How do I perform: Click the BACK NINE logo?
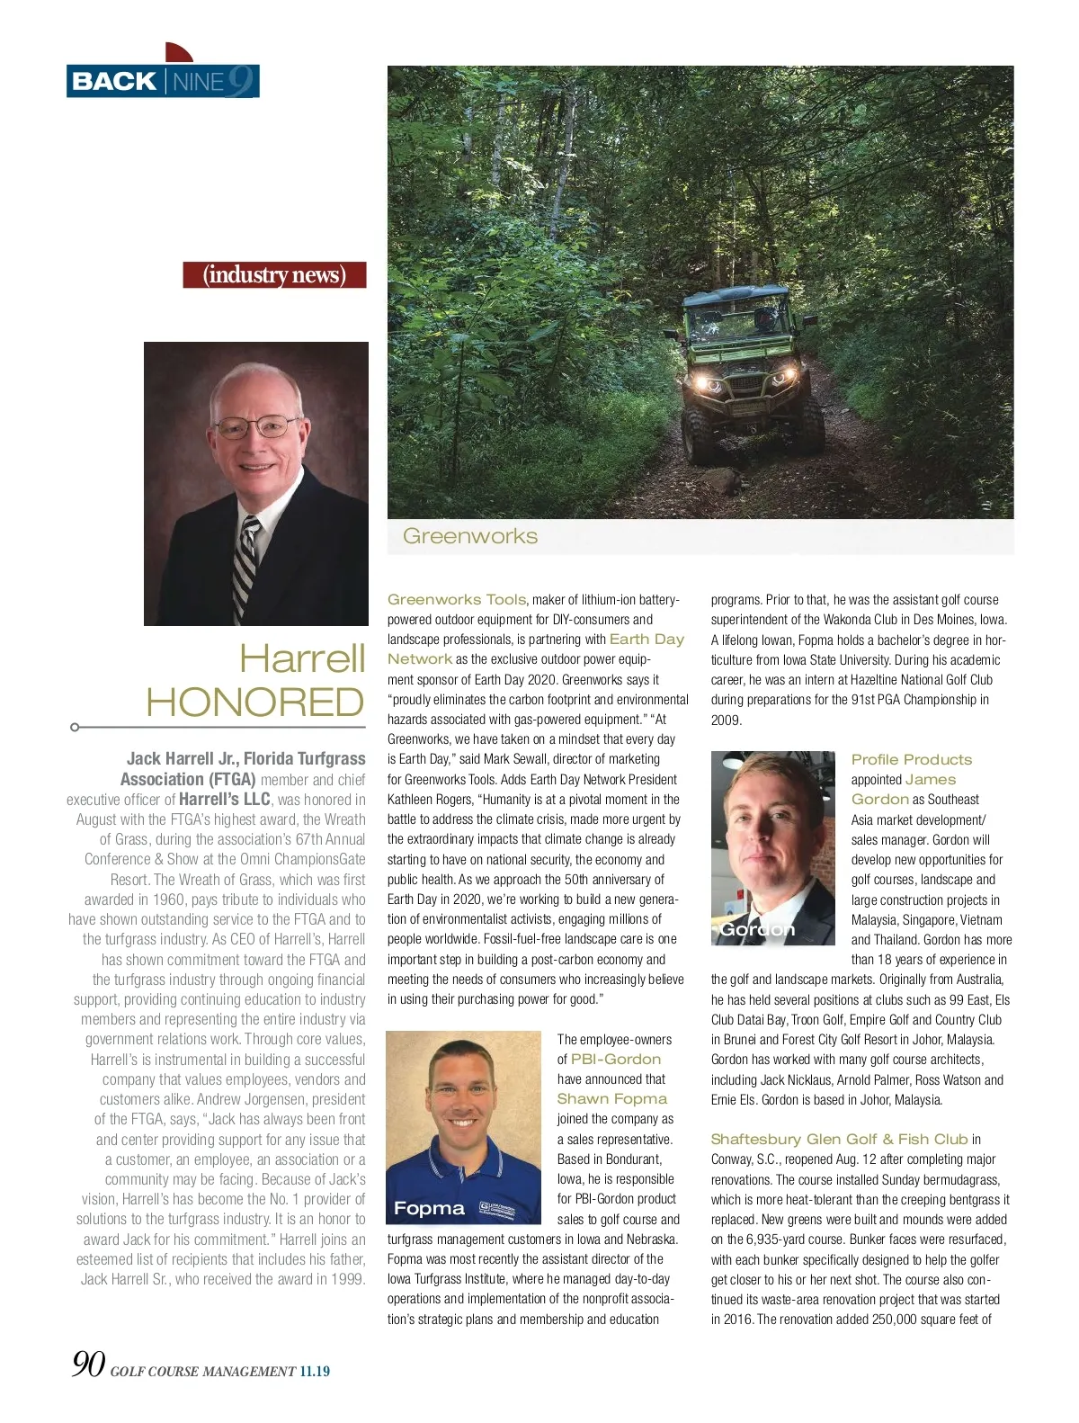(x=163, y=80)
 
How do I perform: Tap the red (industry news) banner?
(x=274, y=274)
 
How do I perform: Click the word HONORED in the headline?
(x=255, y=703)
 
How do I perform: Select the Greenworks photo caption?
(x=470, y=536)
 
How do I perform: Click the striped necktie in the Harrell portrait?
(x=245, y=566)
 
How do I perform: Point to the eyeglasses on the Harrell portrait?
(x=258, y=426)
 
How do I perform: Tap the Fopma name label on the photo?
(x=429, y=1208)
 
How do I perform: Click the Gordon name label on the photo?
(x=757, y=929)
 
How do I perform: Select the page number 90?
(x=88, y=1365)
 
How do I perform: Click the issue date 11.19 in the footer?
(x=315, y=1372)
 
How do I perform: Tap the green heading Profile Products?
(x=912, y=759)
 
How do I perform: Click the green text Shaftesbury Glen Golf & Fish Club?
(x=839, y=1139)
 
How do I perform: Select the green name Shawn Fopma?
(x=611, y=1098)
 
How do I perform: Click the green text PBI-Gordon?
(x=616, y=1059)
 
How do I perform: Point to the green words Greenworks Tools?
(x=457, y=599)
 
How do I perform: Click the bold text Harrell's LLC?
(x=225, y=799)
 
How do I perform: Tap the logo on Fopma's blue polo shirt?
(x=496, y=1210)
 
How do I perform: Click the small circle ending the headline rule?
(x=75, y=727)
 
